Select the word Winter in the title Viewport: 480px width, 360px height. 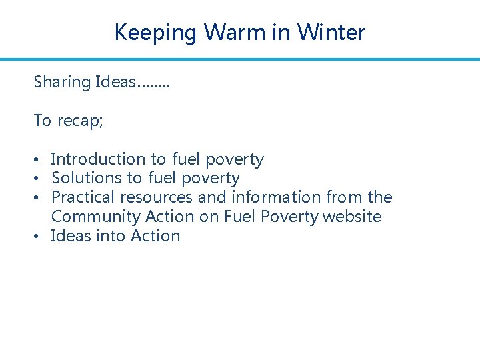pyautogui.click(x=331, y=32)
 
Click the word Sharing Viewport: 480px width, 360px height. pyautogui.click(x=62, y=83)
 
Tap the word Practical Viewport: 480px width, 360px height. pyautogui.click(x=83, y=197)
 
